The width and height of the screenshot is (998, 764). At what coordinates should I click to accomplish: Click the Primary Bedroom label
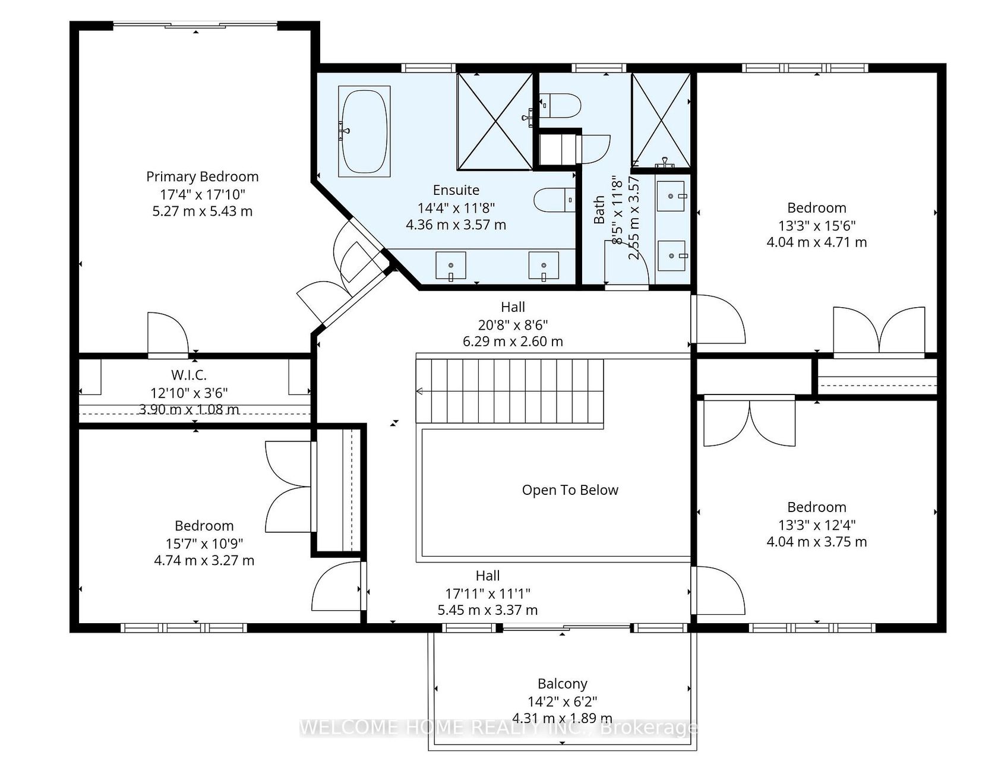[x=203, y=176]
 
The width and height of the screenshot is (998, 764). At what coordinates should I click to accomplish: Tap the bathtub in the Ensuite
[x=364, y=131]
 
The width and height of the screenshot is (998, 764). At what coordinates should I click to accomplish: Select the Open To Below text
[x=570, y=490]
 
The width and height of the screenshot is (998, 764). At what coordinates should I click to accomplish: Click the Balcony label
[x=563, y=684]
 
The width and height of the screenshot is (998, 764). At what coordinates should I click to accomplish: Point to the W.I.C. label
[x=189, y=375]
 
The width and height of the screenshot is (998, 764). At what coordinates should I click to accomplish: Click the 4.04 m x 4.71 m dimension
[x=817, y=242]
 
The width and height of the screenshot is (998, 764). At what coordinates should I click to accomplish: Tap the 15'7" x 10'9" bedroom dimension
[x=204, y=543]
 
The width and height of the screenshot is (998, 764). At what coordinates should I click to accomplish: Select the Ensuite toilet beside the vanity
[x=555, y=200]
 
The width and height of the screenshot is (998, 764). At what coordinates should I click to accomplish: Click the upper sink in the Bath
[x=672, y=197]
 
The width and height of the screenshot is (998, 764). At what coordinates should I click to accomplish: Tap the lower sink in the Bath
[x=672, y=255]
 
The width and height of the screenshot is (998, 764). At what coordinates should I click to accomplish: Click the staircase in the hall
[x=510, y=392]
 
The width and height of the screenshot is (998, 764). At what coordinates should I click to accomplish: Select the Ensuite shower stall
[x=494, y=121]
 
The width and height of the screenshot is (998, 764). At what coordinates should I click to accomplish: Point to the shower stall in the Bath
[x=661, y=120]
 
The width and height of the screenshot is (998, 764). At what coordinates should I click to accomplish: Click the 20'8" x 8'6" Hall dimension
[x=513, y=324]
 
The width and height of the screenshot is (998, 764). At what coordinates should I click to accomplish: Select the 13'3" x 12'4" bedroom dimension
[x=817, y=525]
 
